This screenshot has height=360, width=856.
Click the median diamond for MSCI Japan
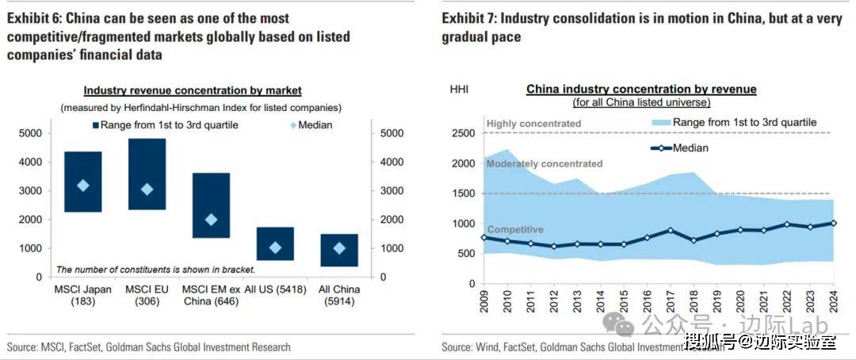coord(82,186)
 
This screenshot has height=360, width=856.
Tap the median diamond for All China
coord(339,248)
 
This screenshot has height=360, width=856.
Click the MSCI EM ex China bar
coord(211,205)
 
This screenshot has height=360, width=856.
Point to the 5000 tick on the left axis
coord(31,133)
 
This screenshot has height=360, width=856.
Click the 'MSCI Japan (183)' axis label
coord(83,295)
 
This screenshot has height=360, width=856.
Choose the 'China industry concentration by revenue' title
coord(641,89)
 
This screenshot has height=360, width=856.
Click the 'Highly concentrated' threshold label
coord(533,124)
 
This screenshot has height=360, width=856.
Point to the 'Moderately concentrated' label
coord(544,163)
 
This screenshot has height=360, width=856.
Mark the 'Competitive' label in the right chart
coord(514,229)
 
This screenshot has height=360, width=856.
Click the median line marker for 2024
coord(833,223)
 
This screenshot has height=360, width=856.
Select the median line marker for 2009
coord(484,237)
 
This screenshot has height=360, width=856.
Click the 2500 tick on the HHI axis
coord(463,133)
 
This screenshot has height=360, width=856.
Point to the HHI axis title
coord(459,89)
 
